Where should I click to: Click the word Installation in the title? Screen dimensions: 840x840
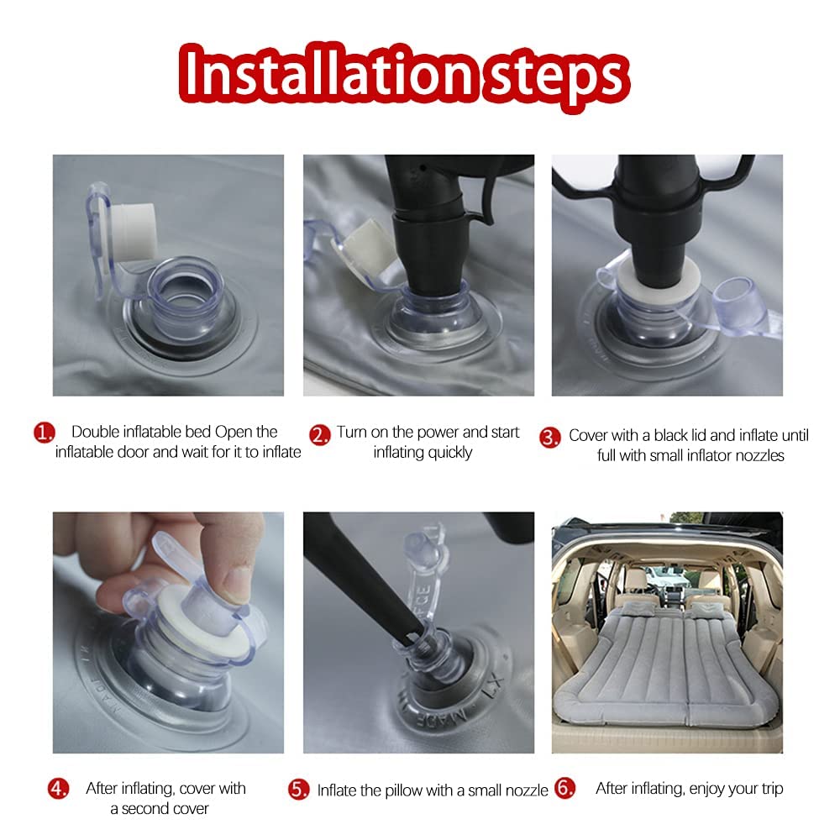[328, 74]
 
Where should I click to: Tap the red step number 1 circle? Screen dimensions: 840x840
[44, 433]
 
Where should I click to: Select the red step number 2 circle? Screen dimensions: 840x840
[320, 435]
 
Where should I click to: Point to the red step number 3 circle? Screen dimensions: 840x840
[549, 438]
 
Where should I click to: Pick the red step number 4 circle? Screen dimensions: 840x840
[59, 789]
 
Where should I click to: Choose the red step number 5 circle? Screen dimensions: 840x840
[298, 790]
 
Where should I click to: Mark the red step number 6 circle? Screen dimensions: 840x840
[564, 788]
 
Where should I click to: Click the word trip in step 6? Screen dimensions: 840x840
[773, 789]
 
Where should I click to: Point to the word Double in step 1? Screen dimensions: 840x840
[96, 432]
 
